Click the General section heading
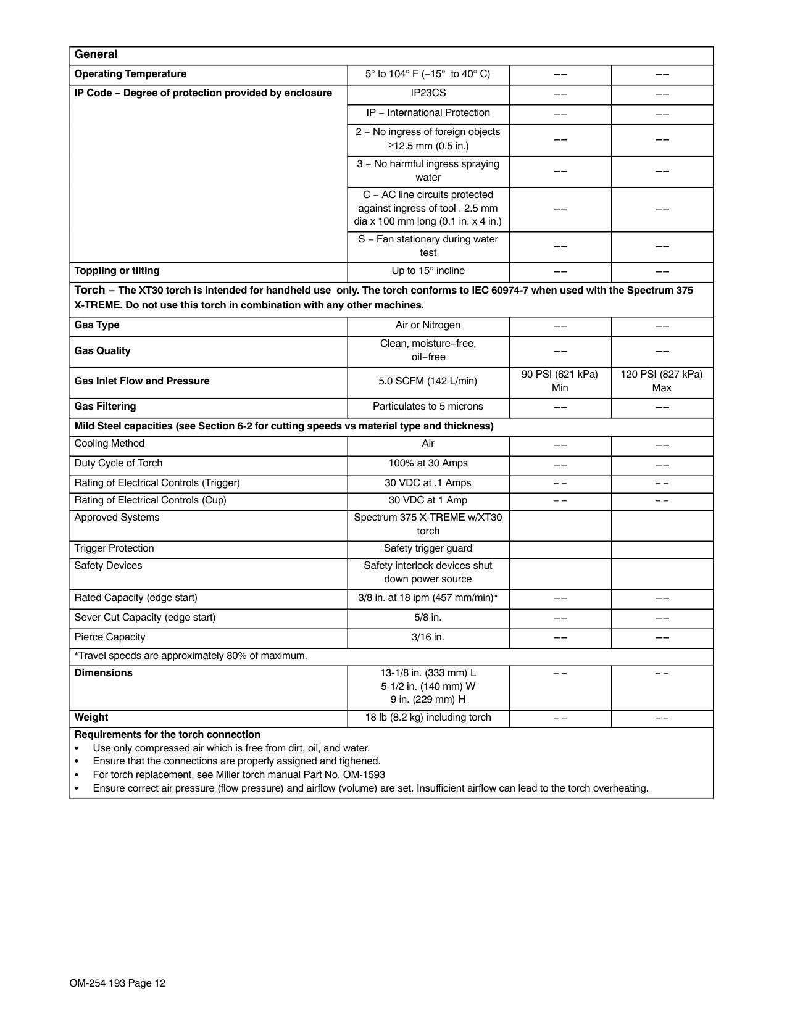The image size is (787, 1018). pyautogui.click(x=96, y=55)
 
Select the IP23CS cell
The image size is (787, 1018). pyautogui.click(x=428, y=93)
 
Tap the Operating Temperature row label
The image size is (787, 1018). pyautogui.click(x=130, y=74)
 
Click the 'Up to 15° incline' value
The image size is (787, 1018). pyautogui.click(x=428, y=271)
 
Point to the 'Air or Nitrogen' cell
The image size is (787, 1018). pyautogui.click(x=428, y=325)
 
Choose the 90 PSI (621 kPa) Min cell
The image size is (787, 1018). pyautogui.click(x=560, y=381)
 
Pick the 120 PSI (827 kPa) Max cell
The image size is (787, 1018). pyautogui.click(x=662, y=381)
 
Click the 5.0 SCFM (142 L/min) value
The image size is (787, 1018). pyautogui.click(x=428, y=381)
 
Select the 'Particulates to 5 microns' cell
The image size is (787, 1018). pyautogui.click(x=428, y=407)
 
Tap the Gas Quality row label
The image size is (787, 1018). pyautogui.click(x=102, y=351)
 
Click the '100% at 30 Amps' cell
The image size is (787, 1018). pyautogui.click(x=428, y=463)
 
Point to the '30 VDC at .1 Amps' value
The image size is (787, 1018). pyautogui.click(x=428, y=483)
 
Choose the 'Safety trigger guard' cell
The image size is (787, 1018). pyautogui.click(x=428, y=548)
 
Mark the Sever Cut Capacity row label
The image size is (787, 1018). pyautogui.click(x=145, y=618)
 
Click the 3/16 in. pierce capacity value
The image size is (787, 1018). pyautogui.click(x=428, y=637)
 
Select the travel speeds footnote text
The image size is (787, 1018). pyautogui.click(x=191, y=656)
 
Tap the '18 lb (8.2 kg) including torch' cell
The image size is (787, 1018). pyautogui.click(x=428, y=718)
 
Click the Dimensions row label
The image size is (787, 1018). pyautogui.click(x=104, y=673)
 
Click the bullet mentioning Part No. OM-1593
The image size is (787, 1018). pyautogui.click(x=239, y=775)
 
